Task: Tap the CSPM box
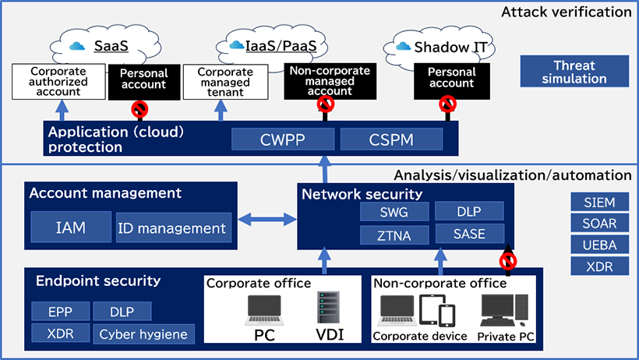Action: (x=391, y=139)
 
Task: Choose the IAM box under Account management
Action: (x=70, y=228)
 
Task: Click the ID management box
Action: (x=173, y=228)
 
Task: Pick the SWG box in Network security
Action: (x=393, y=212)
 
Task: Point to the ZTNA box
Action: (x=393, y=234)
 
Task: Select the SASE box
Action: (x=468, y=234)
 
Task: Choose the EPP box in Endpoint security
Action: (x=59, y=312)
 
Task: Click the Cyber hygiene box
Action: (x=143, y=334)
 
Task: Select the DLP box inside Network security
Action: (x=468, y=212)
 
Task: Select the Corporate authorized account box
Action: (x=58, y=81)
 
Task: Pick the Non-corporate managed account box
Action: (x=328, y=81)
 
